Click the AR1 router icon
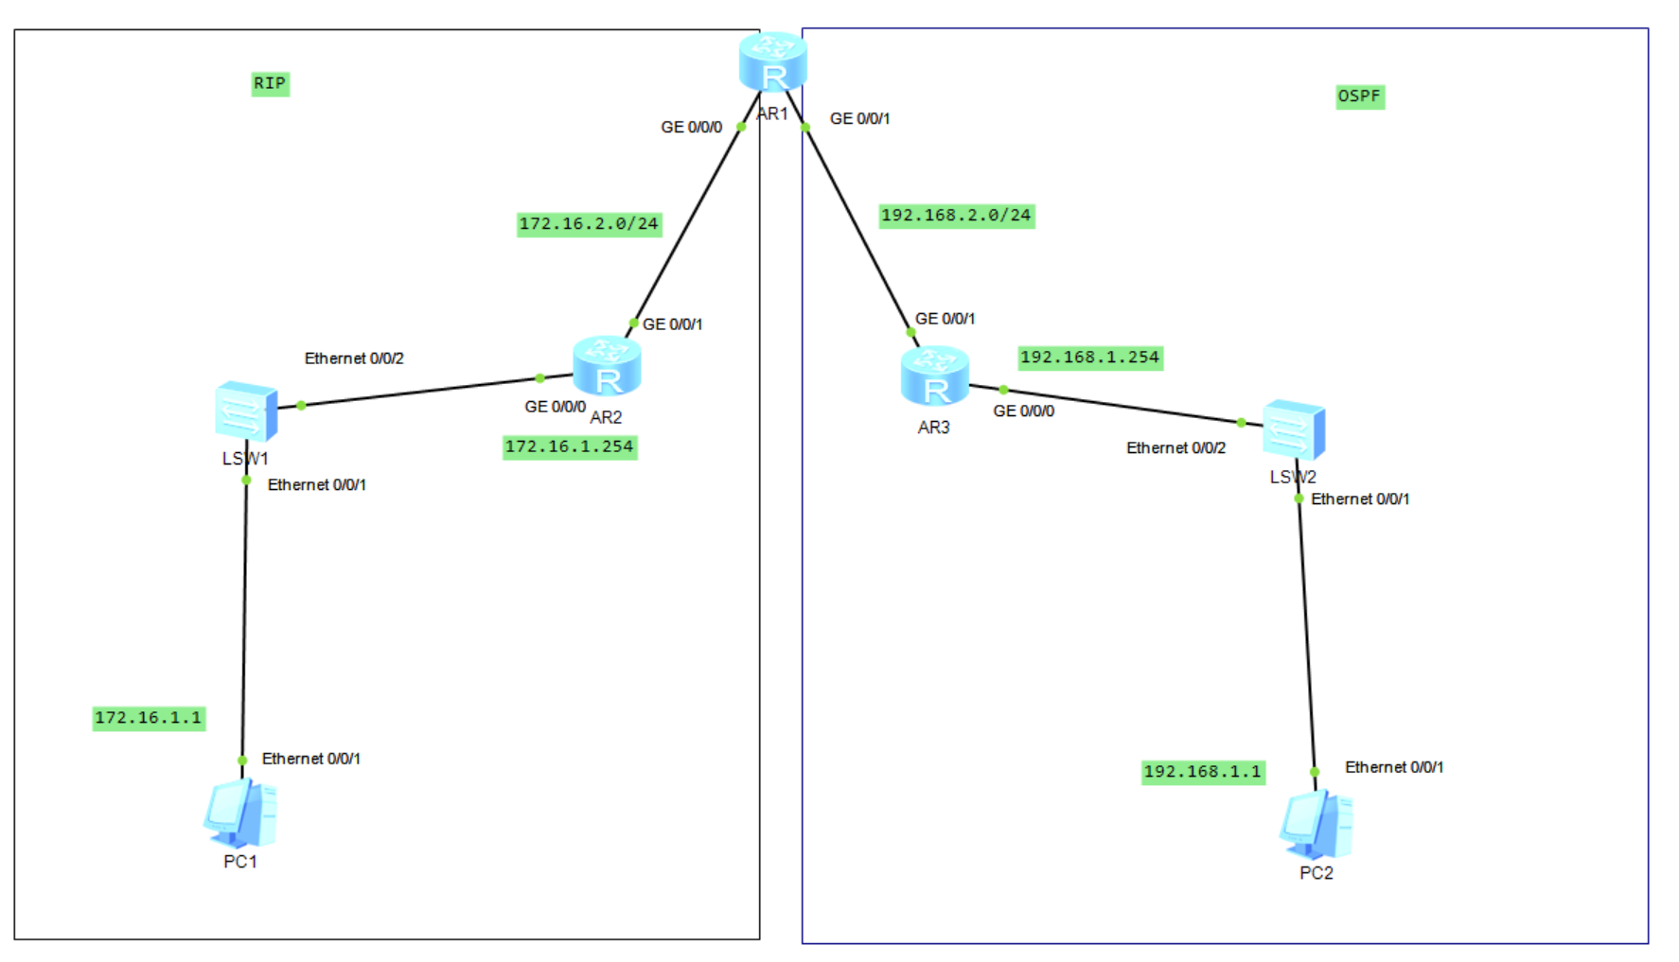tap(772, 61)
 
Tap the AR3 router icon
tap(934, 376)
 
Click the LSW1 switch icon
tap(246, 411)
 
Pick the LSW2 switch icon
tap(1294, 430)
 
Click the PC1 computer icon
tap(240, 814)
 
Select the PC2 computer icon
tap(1316, 825)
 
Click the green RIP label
tap(270, 83)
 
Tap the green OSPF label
tap(1359, 96)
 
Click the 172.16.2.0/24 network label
tap(588, 224)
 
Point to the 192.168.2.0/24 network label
tap(956, 216)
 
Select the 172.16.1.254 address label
tap(569, 446)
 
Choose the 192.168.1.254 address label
tap(1089, 358)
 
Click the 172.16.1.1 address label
tap(149, 718)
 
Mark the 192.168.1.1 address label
tap(1202, 772)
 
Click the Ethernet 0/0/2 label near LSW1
tap(354, 359)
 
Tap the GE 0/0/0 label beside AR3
tap(1023, 411)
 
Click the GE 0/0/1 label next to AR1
tap(859, 118)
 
